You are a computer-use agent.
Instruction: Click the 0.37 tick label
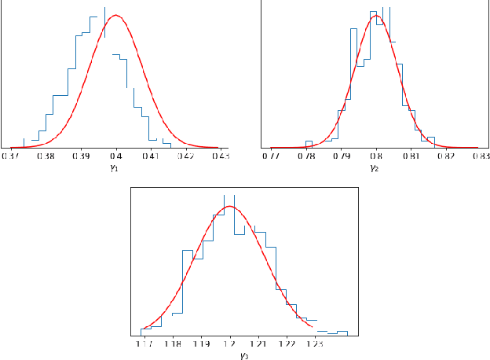[x=12, y=156]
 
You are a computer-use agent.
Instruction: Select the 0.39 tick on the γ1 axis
[x=81, y=156]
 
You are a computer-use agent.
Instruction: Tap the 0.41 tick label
[x=151, y=156]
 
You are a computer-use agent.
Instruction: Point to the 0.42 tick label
[x=185, y=156]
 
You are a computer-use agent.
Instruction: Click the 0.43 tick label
[x=220, y=156]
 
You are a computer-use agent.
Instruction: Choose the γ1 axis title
[x=116, y=167]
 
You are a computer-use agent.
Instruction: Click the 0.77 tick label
[x=271, y=156]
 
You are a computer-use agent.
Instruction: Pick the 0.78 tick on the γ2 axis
[x=306, y=156]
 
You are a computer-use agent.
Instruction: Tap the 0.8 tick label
[x=376, y=156]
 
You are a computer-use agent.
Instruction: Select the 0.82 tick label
[x=445, y=156]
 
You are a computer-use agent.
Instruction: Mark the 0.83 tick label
[x=479, y=156]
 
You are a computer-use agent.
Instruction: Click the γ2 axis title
[x=375, y=167]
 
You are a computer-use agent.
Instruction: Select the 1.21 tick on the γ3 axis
[x=258, y=344]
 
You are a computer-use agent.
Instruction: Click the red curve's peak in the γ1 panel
[x=115, y=15]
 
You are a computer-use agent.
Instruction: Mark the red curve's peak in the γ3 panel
[x=229, y=206]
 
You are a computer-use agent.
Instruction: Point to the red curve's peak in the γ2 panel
[x=376, y=16]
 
